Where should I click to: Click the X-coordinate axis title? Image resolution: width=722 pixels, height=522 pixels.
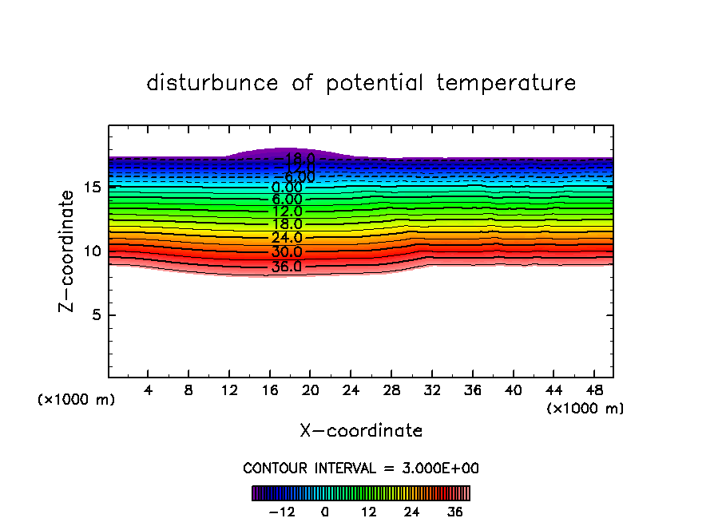361,431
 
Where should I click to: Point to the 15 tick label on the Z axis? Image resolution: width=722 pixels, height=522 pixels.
92,188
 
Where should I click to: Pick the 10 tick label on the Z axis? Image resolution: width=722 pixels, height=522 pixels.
92,251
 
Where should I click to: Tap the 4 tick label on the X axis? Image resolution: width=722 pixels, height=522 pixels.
149,391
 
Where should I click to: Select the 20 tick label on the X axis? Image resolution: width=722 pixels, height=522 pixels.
310,391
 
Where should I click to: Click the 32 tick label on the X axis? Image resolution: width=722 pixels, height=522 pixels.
432,391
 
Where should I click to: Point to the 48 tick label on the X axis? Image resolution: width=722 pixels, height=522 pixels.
593,391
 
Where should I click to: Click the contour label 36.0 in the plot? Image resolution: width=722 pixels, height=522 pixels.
287,267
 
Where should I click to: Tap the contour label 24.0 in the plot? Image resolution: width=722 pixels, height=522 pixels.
287,238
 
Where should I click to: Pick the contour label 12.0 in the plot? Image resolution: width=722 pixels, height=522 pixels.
287,212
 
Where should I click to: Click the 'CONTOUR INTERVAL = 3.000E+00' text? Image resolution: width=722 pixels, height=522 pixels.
361,468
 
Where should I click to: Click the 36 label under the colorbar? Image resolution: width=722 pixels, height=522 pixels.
455,512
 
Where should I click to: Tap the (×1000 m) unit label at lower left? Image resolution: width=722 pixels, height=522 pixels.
77,400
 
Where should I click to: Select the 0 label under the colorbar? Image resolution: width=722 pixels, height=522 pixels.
325,512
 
